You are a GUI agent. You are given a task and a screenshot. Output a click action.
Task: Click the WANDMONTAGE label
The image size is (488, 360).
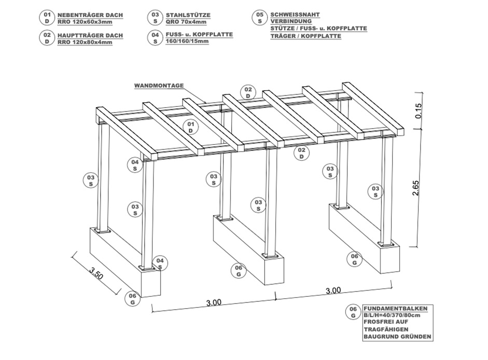159,86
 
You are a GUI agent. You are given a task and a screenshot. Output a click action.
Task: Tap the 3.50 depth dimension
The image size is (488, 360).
96,273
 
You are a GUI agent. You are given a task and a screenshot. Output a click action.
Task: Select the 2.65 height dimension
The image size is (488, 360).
416,188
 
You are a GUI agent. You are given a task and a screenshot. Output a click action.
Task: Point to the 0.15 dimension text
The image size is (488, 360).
419,110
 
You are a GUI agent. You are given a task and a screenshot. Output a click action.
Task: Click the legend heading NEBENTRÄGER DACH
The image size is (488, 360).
90,15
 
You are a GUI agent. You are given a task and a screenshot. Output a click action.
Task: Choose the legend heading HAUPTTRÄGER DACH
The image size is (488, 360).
90,35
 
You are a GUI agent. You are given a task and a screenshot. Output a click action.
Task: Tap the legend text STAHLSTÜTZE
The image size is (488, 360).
188,15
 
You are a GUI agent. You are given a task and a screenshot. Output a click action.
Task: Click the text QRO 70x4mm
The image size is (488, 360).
186,22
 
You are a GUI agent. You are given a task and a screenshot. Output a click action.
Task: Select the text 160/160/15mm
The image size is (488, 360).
187,41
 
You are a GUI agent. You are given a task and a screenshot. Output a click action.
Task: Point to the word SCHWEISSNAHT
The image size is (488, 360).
295,15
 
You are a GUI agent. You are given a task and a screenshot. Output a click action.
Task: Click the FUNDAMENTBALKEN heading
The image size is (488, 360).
396,309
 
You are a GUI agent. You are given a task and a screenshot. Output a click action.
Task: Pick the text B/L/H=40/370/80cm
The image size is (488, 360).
392,315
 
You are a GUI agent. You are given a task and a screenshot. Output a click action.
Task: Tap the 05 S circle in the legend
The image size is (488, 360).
260,18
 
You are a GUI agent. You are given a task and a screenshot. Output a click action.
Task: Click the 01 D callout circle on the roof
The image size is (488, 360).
191,128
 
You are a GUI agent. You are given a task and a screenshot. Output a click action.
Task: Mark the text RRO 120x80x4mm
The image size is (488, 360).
85,43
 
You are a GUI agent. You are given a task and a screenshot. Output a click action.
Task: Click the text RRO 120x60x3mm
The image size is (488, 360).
85,22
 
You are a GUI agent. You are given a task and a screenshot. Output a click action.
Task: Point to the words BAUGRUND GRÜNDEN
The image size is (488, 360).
397,337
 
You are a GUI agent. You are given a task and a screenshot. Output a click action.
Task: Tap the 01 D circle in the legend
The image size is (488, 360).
47,18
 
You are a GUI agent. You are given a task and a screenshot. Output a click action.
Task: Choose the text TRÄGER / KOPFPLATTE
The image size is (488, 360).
305,36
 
